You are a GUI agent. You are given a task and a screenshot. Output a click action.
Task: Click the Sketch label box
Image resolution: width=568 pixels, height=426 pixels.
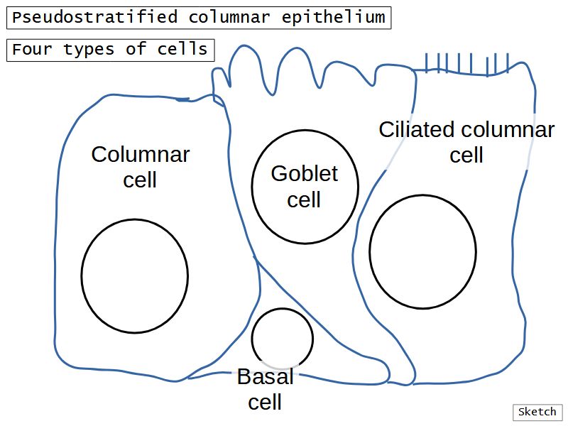click(x=537, y=412)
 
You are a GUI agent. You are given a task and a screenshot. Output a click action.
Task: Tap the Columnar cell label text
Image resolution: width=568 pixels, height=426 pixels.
click(x=141, y=167)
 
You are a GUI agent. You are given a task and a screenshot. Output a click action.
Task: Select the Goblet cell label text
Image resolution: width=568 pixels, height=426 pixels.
click(x=304, y=186)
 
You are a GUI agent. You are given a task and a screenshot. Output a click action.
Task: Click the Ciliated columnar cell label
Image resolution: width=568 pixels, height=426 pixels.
click(x=466, y=142)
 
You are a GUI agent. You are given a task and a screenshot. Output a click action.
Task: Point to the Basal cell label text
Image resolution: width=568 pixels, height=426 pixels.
click(x=265, y=389)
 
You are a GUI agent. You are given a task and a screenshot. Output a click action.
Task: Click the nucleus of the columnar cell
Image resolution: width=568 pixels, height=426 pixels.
click(x=134, y=275)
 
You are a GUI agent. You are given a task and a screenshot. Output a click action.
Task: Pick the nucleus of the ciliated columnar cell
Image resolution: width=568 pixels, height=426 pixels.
click(x=422, y=251)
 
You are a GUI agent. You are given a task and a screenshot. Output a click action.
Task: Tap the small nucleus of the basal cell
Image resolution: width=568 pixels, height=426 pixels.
click(x=282, y=339)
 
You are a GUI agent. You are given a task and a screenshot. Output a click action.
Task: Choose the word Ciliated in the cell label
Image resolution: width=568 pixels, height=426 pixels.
click(x=416, y=130)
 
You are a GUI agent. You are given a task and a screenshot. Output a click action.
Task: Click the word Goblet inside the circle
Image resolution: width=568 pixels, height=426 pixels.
click(x=304, y=173)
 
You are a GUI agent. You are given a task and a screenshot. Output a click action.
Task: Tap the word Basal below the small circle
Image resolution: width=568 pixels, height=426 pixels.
click(x=265, y=377)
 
